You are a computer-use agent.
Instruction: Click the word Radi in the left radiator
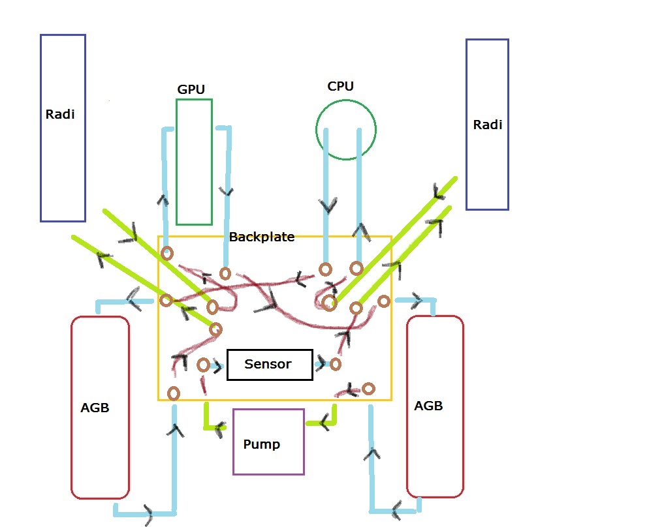coord(60,115)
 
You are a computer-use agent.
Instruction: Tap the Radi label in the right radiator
coord(488,125)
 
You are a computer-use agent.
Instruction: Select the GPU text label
coord(190,89)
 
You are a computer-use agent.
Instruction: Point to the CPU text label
coord(341,86)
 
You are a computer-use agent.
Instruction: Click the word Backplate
coord(262,237)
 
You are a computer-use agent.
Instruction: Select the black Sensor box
coord(270,365)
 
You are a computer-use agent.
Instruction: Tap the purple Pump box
coord(268,442)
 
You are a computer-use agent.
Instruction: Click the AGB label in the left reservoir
coord(95,408)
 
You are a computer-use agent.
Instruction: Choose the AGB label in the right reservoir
coord(428,406)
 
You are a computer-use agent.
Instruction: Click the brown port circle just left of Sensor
coord(203,364)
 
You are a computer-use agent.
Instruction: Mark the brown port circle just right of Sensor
coord(336,364)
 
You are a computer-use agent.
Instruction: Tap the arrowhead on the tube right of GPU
coord(228,192)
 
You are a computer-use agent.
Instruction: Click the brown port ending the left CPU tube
coord(325,269)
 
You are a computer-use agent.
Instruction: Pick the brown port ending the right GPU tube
coord(225,273)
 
